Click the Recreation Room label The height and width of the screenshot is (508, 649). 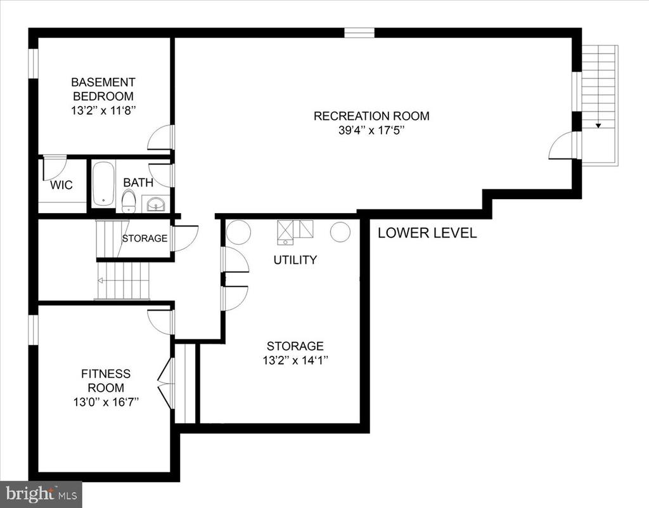[x=371, y=116]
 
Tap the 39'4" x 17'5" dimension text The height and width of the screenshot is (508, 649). [x=371, y=131]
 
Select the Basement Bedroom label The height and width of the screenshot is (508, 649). [x=103, y=89]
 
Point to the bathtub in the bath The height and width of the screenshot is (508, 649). [x=103, y=184]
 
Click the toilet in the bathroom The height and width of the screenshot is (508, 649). [x=129, y=201]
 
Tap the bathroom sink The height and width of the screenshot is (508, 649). [x=156, y=204]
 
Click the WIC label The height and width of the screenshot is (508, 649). [x=61, y=185]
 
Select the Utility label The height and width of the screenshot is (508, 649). [x=295, y=260]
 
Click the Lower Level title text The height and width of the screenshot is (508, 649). [x=427, y=233]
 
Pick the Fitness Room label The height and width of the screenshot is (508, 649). [x=106, y=381]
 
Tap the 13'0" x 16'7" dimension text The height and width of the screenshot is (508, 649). [x=106, y=402]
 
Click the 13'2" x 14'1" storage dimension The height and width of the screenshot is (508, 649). [x=295, y=360]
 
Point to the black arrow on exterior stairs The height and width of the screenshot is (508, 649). [x=598, y=126]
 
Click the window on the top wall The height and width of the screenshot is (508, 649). [x=359, y=33]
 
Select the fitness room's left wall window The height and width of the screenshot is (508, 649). [x=33, y=330]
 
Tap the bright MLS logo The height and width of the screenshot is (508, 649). [x=41, y=494]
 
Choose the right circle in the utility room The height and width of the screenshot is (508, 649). [x=340, y=232]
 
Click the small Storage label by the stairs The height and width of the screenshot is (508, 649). [x=145, y=238]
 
